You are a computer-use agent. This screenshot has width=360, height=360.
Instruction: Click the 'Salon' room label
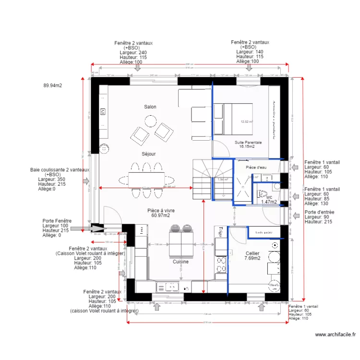(x=150, y=107)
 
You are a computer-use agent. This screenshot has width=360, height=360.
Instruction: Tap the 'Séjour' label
(x=148, y=154)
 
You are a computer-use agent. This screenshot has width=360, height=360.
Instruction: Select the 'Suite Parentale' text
(x=248, y=143)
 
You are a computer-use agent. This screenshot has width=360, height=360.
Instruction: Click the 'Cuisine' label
(x=180, y=262)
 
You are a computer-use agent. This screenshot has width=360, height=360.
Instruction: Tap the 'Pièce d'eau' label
(x=256, y=167)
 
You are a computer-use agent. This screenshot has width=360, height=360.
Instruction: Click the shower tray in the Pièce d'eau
(x=242, y=188)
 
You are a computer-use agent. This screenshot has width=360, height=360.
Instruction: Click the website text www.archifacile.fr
(x=336, y=335)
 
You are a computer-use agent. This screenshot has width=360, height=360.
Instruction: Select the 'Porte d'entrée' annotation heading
(x=319, y=212)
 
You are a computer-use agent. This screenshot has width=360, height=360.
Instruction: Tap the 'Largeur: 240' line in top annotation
(x=133, y=52)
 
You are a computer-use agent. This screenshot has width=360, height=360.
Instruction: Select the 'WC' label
(x=269, y=197)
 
